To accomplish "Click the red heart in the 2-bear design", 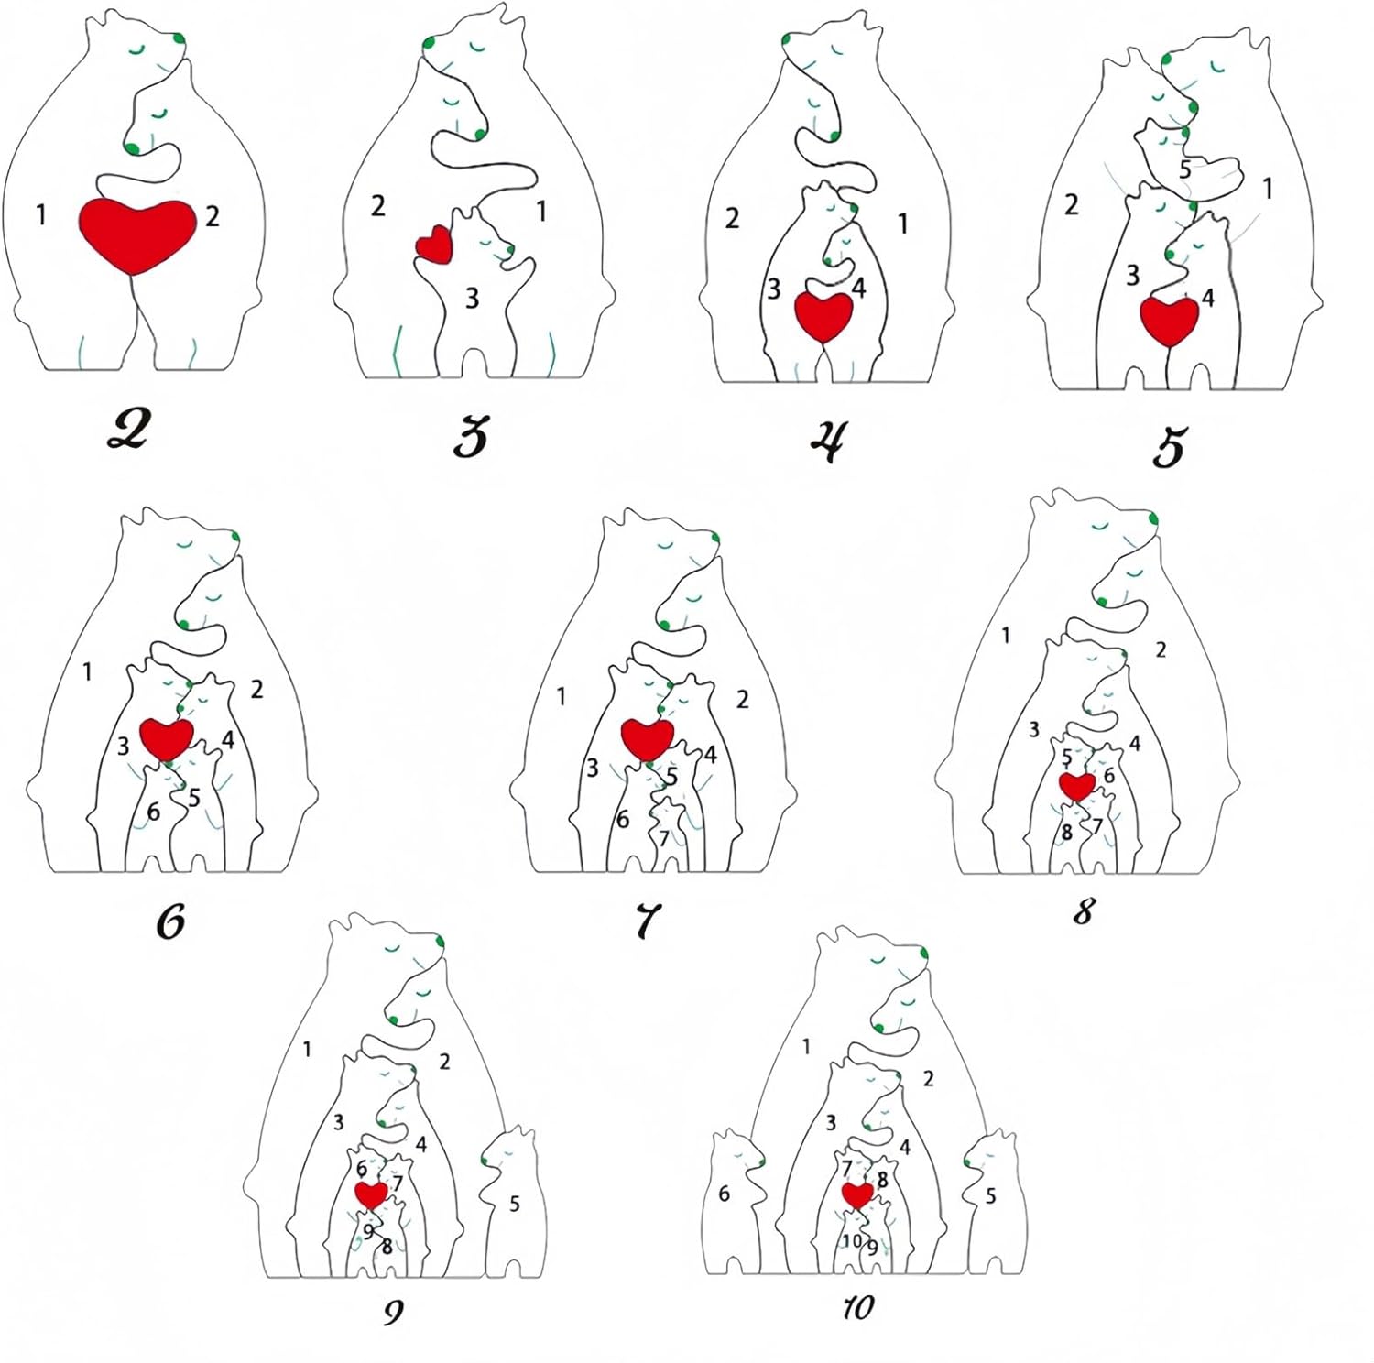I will pyautogui.click(x=137, y=233).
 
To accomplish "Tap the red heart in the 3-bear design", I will pyautogui.click(x=435, y=245).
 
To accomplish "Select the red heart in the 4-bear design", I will pyautogui.click(x=823, y=315).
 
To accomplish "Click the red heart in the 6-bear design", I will pyautogui.click(x=168, y=736).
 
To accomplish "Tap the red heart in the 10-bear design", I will pyautogui.click(x=858, y=1194).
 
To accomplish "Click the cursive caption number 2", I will pyautogui.click(x=127, y=430).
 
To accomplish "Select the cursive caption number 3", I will pyautogui.click(x=471, y=436).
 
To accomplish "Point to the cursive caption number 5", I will pyautogui.click(x=1168, y=447).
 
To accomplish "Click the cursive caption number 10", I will pyautogui.click(x=858, y=1307).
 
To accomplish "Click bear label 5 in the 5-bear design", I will pyautogui.click(x=1184, y=169).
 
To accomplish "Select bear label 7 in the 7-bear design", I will pyautogui.click(x=664, y=837).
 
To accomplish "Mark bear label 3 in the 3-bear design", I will pyautogui.click(x=472, y=298).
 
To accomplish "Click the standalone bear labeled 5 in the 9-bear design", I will pyautogui.click(x=512, y=1200).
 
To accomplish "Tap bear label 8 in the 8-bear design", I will pyautogui.click(x=1066, y=833).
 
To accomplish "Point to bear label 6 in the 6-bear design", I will pyautogui.click(x=153, y=812).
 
